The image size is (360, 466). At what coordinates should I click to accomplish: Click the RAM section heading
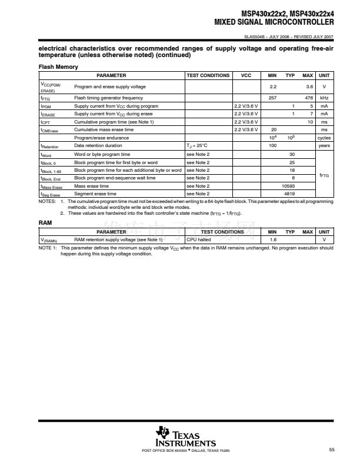45,224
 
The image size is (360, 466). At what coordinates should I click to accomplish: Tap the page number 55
332,450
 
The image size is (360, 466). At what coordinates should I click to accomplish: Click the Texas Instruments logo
185,435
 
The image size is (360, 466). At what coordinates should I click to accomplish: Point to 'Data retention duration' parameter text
98,145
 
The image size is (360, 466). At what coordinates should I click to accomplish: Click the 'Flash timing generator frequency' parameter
108,98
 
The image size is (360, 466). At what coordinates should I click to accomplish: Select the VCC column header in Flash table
246,76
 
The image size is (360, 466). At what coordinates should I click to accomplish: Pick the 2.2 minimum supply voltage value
273,86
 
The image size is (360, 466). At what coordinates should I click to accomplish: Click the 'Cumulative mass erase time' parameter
104,129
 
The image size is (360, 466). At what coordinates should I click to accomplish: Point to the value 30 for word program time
292,154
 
